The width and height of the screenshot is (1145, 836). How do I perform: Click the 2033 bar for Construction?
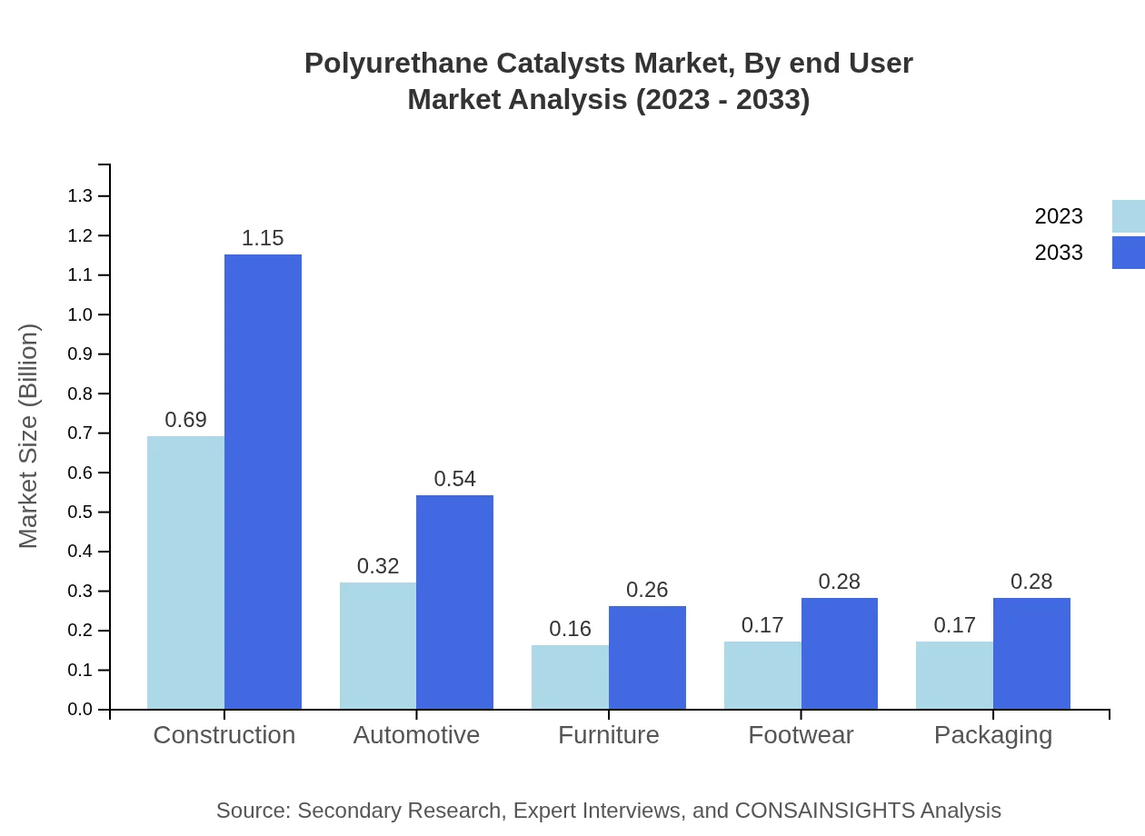coord(263,482)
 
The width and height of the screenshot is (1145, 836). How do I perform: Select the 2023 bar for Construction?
coord(185,572)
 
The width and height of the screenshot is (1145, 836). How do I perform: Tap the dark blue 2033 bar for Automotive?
coord(454,602)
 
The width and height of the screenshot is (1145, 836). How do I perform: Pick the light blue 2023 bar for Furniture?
coord(570,677)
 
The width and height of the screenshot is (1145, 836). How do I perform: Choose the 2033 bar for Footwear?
coord(839,653)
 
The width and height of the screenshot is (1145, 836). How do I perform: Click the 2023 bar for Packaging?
coord(954,675)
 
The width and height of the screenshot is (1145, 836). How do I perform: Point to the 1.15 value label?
coord(263,238)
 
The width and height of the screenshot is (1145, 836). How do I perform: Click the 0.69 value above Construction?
coord(185,420)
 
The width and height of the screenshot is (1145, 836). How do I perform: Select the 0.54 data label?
coord(454,479)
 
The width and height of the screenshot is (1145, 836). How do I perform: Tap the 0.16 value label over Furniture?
coord(570,629)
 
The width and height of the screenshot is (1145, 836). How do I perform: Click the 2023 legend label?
coord(1059,216)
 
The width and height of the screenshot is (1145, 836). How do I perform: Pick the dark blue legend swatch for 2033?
coord(1128,253)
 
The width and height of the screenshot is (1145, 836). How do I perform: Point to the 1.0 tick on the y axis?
coord(80,314)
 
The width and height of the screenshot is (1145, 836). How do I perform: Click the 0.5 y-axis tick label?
coord(80,513)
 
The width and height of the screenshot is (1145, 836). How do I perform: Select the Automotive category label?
coord(416,735)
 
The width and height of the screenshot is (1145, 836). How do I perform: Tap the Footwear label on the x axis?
coord(801,735)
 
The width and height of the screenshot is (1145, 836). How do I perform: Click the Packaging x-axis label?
coord(992,735)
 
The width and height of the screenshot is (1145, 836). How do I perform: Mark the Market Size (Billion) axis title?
coord(29,436)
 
